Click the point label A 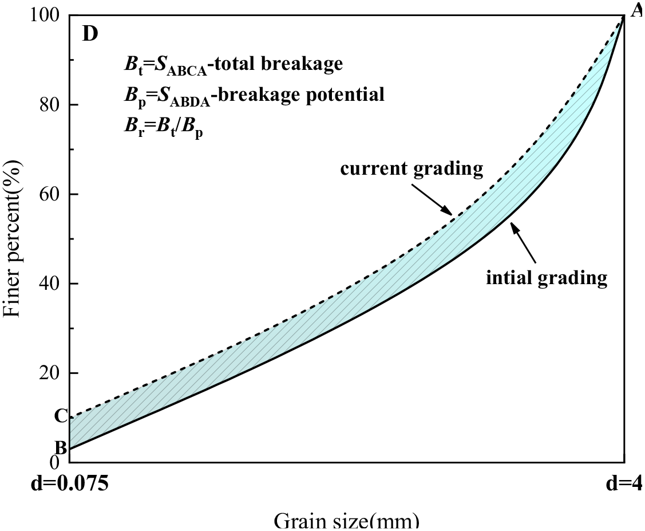tap(636, 10)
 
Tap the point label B tap(61, 447)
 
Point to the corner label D tap(90, 34)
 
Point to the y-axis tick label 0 tap(55, 462)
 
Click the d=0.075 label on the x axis tap(69, 485)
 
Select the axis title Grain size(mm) tap(346, 521)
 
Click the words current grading tap(412, 169)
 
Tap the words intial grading tap(547, 278)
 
